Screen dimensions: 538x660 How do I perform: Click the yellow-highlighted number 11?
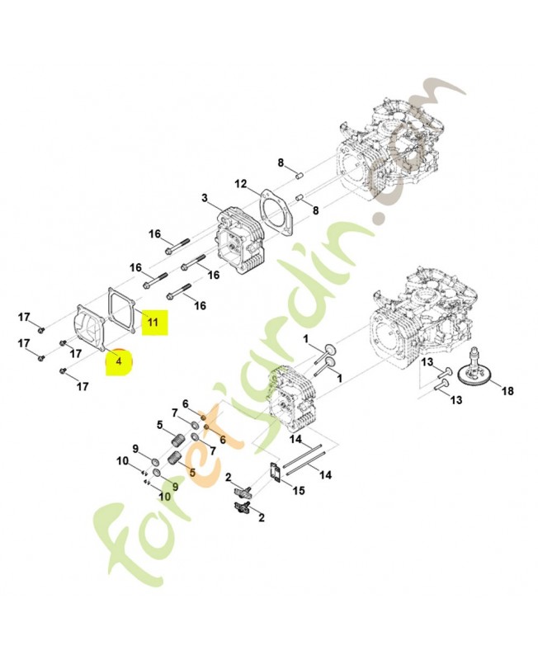(152, 322)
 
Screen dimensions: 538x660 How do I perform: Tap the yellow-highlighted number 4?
(119, 361)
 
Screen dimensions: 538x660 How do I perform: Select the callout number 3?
(205, 198)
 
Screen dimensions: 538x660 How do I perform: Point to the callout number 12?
(240, 184)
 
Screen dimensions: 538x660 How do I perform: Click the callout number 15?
(299, 490)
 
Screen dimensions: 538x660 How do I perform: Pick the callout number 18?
(508, 390)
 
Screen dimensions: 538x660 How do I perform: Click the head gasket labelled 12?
(277, 212)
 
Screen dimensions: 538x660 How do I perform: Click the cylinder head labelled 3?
(240, 240)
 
